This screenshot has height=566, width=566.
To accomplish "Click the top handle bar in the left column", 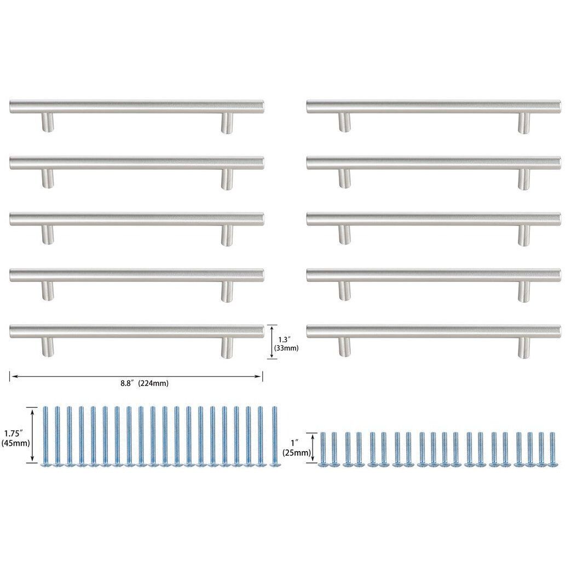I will coord(137,106).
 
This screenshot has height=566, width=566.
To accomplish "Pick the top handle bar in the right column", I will coord(434,106).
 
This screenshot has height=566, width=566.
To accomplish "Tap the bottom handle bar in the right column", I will coord(434,331).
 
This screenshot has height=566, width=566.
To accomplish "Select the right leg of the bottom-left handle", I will coord(227,347).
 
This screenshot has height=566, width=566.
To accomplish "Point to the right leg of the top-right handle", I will coord(524,123).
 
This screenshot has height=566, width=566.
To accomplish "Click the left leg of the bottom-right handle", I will coord(344,347).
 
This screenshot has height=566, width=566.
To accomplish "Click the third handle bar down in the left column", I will coord(137,218).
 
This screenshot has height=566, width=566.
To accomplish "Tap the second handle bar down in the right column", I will coord(434,163).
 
